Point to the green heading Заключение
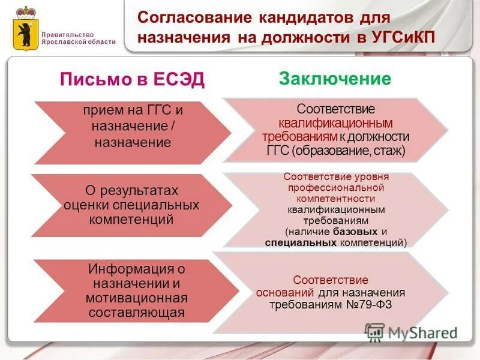point(334,79)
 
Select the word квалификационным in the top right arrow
point(328,123)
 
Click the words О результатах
point(131,190)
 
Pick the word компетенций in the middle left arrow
point(131,219)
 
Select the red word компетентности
point(335,199)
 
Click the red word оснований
point(285,293)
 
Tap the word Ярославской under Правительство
point(65,42)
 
